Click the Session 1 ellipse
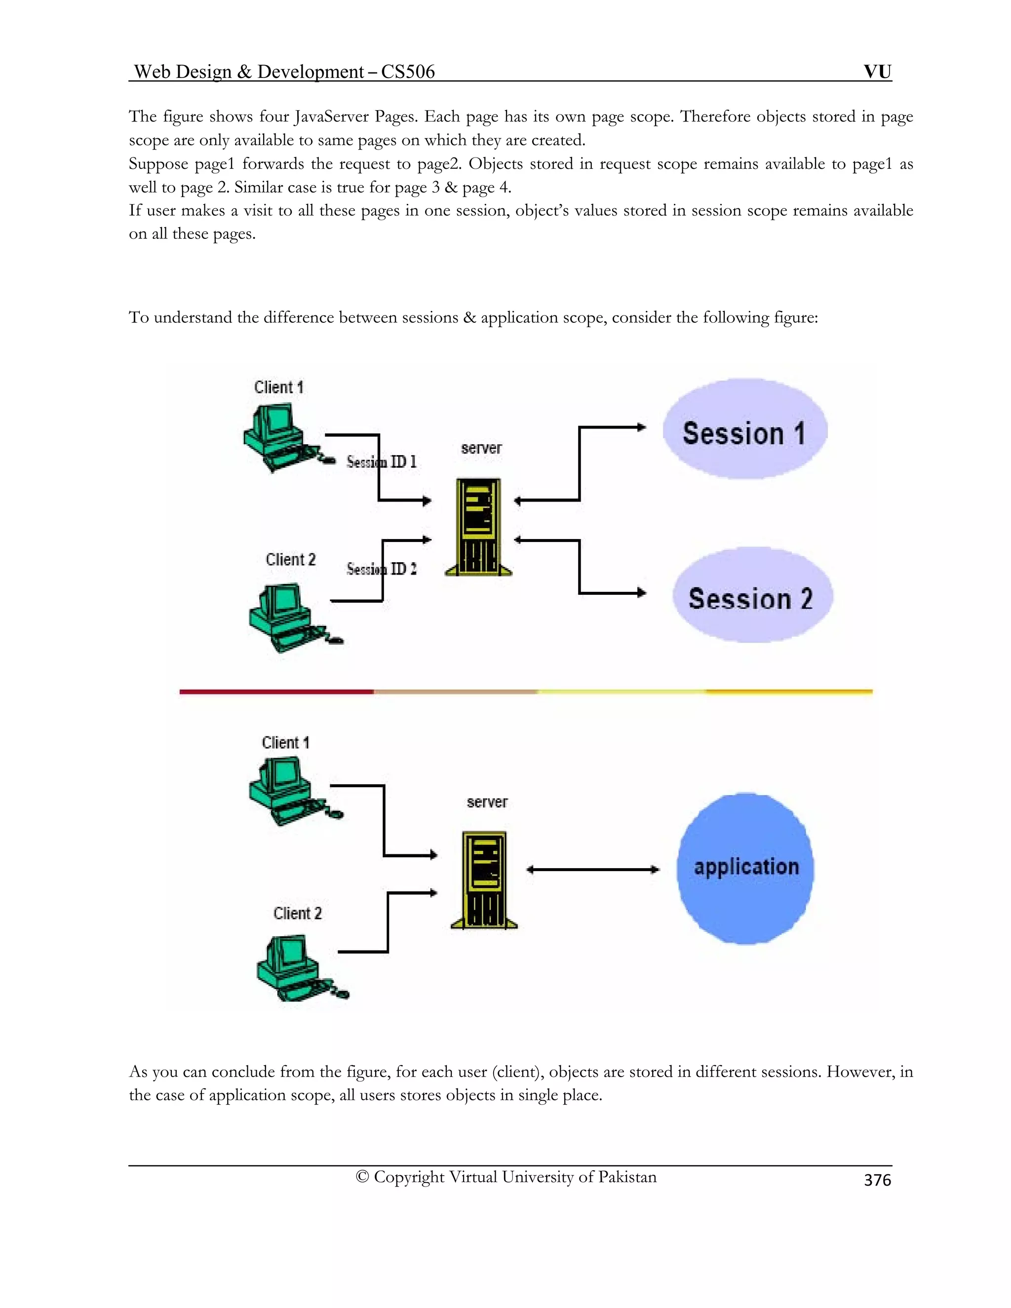(744, 429)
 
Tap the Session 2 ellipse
(752, 595)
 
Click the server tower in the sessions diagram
(478, 527)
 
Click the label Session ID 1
(382, 462)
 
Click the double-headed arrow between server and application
(592, 870)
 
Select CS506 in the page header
(408, 72)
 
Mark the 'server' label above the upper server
(481, 448)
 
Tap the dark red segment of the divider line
(276, 692)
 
